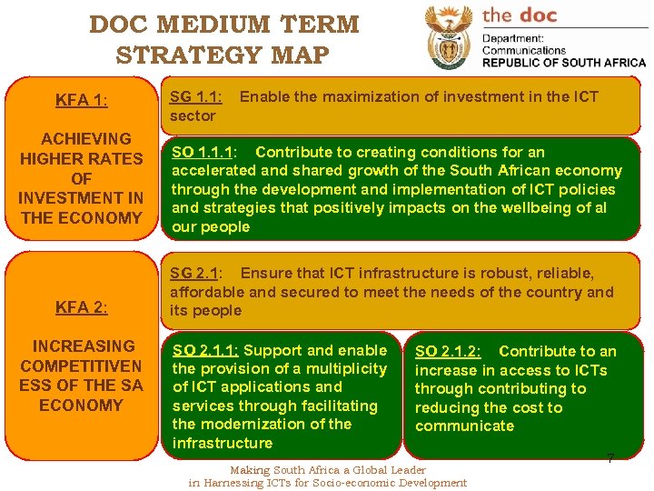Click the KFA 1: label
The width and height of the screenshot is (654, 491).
(81, 100)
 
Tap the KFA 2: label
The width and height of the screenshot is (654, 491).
(81, 307)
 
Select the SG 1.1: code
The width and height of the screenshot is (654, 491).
(197, 96)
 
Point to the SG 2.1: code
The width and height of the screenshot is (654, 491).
(197, 274)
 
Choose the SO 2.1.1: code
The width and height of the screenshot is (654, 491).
(205, 350)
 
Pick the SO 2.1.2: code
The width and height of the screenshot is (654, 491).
(448, 351)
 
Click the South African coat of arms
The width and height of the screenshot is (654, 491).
(449, 38)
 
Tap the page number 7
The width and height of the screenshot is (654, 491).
(610, 459)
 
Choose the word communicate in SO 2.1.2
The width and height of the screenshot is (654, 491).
(464, 426)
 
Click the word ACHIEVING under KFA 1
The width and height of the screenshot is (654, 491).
(86, 139)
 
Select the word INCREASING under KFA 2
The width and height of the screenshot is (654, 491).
(84, 346)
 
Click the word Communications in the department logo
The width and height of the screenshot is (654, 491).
(524, 51)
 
